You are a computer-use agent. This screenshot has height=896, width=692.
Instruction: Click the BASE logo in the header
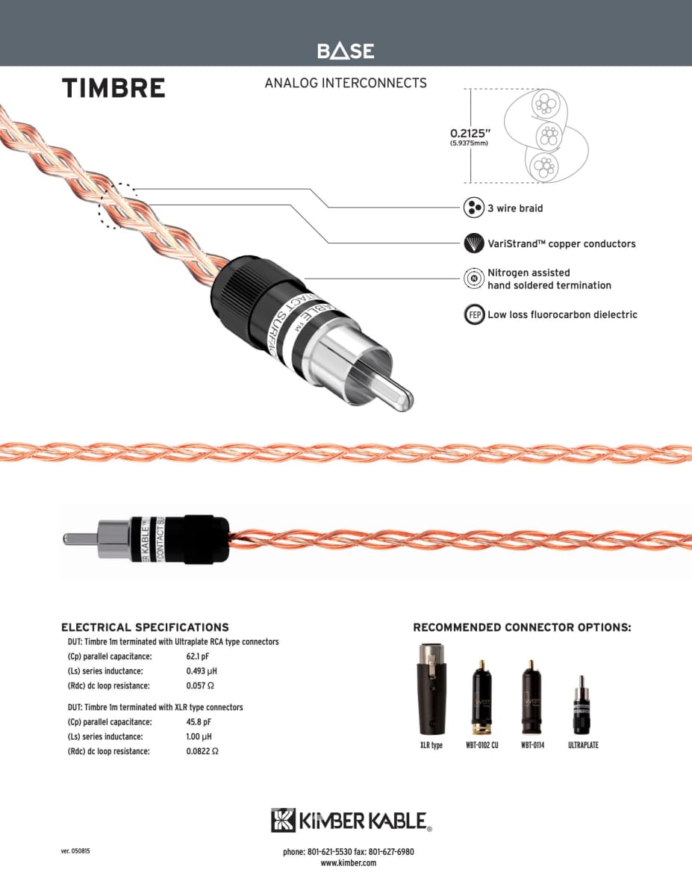click(x=346, y=51)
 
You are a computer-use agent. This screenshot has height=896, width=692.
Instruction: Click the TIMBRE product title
click(x=113, y=88)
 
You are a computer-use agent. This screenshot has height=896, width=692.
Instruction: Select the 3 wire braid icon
click(x=474, y=208)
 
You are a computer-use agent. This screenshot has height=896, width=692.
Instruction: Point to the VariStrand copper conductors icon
click(x=474, y=243)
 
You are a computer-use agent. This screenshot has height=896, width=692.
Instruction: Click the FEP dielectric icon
click(x=474, y=315)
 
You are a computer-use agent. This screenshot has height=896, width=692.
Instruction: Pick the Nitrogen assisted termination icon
click(x=474, y=279)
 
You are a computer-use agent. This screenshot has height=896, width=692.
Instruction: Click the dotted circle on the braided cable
click(x=118, y=205)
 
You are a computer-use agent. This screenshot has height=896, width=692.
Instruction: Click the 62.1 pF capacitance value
click(x=199, y=656)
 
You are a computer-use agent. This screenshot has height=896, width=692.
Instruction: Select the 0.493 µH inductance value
click(x=202, y=671)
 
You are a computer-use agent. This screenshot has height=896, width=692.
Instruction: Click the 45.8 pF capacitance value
click(x=199, y=722)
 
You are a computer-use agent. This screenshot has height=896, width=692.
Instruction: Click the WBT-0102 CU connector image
click(x=481, y=695)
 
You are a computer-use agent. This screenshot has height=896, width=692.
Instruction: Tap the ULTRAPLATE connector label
click(x=583, y=745)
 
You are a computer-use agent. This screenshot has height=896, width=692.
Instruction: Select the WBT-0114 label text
click(x=532, y=745)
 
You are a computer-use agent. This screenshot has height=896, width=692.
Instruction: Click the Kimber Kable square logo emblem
click(x=284, y=820)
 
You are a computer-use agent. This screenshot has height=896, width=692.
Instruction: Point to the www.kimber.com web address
click(x=348, y=863)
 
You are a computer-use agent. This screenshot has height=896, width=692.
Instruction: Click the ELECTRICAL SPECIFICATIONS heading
click(x=145, y=627)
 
